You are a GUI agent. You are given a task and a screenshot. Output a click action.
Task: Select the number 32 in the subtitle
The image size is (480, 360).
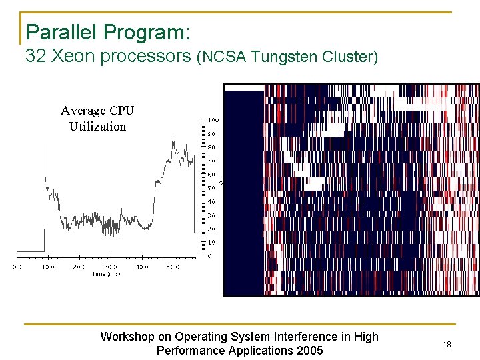point(35,57)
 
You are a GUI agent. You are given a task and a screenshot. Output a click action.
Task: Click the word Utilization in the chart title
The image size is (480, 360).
point(97,126)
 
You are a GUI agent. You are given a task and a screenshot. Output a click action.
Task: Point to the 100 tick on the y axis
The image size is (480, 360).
point(213,120)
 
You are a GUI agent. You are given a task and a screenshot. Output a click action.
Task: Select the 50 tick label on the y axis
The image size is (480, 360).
point(211,188)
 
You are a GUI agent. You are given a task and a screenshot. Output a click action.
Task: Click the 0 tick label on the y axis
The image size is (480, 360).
point(209,255)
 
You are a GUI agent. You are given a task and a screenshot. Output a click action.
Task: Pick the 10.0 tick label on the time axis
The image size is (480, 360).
point(47,267)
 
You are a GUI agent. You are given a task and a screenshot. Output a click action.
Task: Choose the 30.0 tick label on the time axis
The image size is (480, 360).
point(111,267)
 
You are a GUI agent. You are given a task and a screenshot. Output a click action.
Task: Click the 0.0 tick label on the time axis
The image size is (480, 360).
point(17,267)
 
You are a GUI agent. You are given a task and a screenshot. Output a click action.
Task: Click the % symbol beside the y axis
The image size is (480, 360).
point(221,182)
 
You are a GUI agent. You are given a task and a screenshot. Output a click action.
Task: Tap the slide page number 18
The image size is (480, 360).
point(447,344)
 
